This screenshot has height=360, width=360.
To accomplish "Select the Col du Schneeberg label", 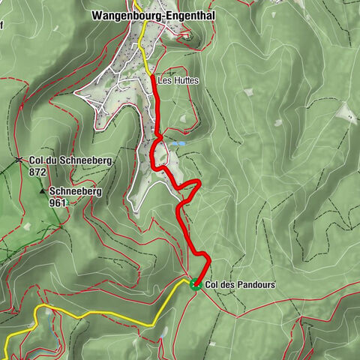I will (x=63, y=160).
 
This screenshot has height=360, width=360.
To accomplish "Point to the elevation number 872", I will (x=37, y=172).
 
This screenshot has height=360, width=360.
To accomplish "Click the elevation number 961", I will (x=58, y=202).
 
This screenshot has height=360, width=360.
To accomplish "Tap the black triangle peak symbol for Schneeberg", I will (x=43, y=191).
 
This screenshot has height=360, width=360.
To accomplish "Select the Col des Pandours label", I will (x=240, y=285).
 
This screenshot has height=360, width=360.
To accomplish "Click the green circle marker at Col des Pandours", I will (x=195, y=284).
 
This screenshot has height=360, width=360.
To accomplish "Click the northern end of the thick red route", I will (x=153, y=76).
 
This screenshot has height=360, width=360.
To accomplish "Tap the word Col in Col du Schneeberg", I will (x=36, y=160).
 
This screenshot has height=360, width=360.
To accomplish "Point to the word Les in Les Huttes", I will (x=163, y=80).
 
